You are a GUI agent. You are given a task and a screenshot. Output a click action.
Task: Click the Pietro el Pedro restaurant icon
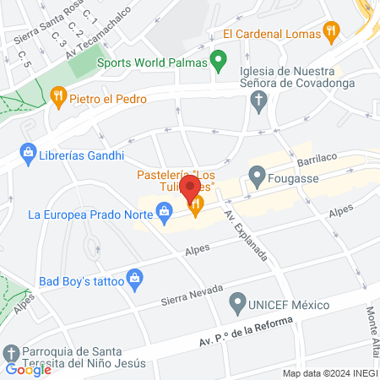(x=57, y=97)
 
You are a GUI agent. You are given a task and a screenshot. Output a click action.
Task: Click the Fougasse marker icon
(x=256, y=178)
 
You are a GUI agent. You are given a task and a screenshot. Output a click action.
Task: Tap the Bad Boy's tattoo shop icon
(x=133, y=277)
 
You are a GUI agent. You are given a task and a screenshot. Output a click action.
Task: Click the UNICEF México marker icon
(x=238, y=303)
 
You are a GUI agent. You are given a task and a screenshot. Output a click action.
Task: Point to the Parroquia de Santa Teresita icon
(x=12, y=352)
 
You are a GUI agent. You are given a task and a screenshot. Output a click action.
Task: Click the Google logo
(x=28, y=369)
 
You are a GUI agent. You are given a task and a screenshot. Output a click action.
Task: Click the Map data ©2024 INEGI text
(x=329, y=373)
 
